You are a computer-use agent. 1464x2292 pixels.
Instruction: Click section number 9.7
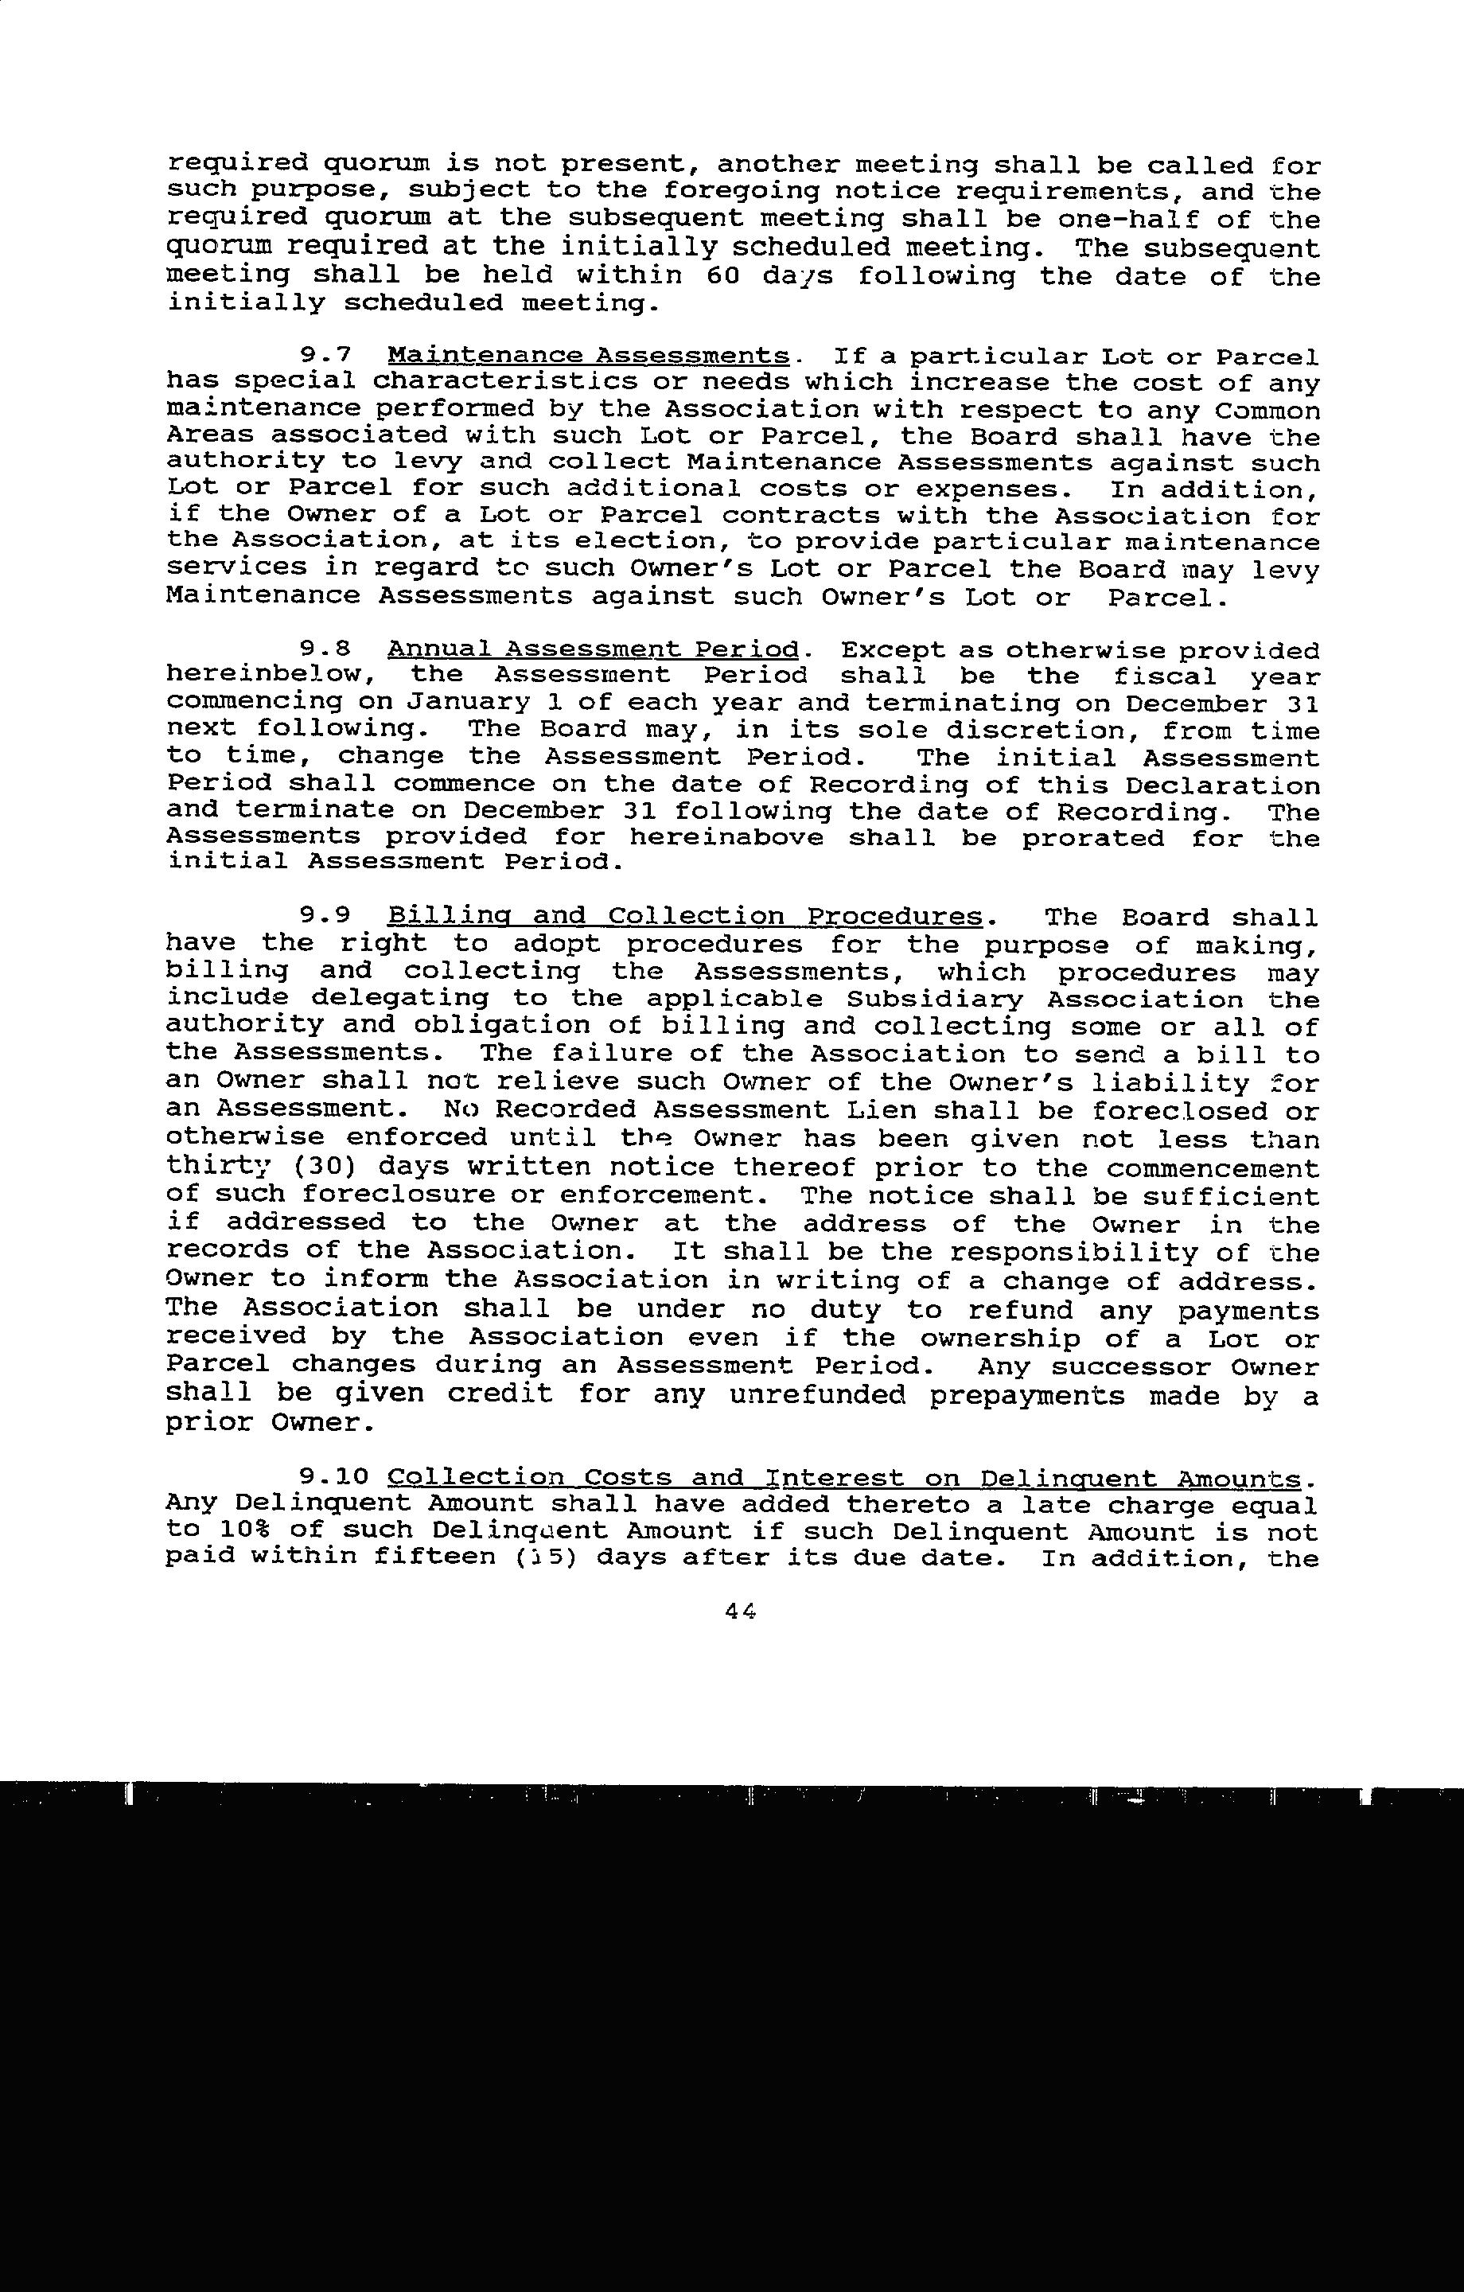(326, 356)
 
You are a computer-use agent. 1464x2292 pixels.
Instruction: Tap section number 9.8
(326, 649)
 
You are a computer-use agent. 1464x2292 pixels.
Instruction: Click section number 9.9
(326, 917)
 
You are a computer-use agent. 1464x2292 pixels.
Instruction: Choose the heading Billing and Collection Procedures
(684, 917)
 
